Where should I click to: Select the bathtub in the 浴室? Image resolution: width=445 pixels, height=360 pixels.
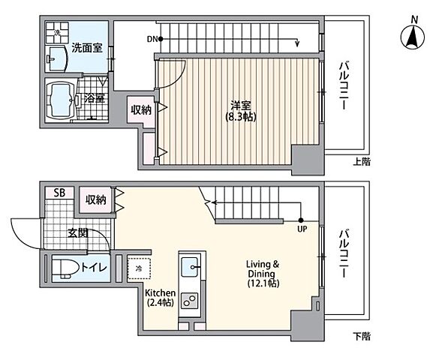(x=62, y=97)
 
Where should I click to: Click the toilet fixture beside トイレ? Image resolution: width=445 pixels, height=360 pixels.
(x=65, y=268)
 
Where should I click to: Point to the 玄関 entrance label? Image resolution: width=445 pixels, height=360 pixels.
(x=78, y=232)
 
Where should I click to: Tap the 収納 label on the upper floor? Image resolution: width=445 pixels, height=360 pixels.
(x=140, y=109)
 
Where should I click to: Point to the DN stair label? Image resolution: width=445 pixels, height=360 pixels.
(x=153, y=38)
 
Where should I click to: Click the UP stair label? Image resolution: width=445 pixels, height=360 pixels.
(x=302, y=229)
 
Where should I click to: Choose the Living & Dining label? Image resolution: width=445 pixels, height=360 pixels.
(x=264, y=265)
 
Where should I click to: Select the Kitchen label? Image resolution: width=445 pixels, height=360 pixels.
(x=160, y=292)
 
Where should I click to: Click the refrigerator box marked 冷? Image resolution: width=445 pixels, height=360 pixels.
(x=140, y=268)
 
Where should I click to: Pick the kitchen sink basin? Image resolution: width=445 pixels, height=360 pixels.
(x=190, y=265)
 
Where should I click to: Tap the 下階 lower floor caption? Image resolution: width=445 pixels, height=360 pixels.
(x=361, y=335)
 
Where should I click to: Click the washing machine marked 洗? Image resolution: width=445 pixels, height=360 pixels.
(x=55, y=34)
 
